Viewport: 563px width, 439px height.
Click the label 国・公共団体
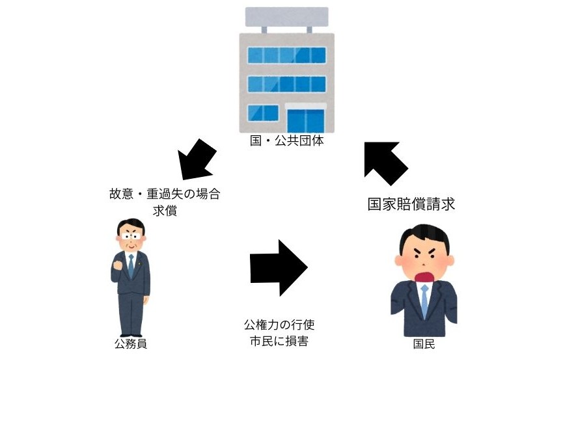[286, 140]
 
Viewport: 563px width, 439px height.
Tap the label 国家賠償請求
[411, 204]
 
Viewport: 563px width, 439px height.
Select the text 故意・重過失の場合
[165, 194]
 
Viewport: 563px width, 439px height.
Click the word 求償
[165, 211]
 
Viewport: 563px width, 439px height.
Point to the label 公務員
[131, 344]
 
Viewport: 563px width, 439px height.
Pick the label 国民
[424, 344]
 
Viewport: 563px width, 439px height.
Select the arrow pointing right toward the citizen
[278, 268]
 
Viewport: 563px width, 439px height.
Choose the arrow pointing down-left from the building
[197, 159]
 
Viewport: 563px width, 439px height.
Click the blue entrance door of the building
[305, 120]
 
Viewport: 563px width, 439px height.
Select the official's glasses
[131, 237]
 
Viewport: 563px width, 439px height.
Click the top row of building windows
[286, 55]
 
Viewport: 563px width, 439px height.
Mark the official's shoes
[131, 332]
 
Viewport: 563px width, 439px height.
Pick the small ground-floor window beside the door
[262, 114]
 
